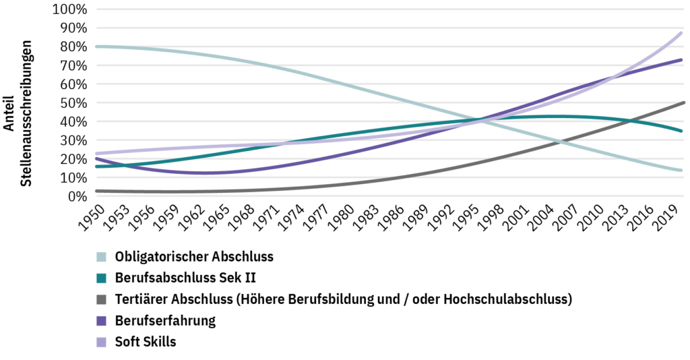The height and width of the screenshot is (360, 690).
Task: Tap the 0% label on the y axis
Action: (77, 196)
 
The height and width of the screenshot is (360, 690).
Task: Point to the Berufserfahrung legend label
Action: (165, 320)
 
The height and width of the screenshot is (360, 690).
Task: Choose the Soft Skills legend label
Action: (145, 342)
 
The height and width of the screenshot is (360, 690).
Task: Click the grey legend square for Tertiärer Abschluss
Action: (102, 299)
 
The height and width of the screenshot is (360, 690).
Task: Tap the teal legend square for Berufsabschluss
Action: (102, 278)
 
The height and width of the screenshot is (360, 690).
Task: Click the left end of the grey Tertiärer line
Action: (97, 191)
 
